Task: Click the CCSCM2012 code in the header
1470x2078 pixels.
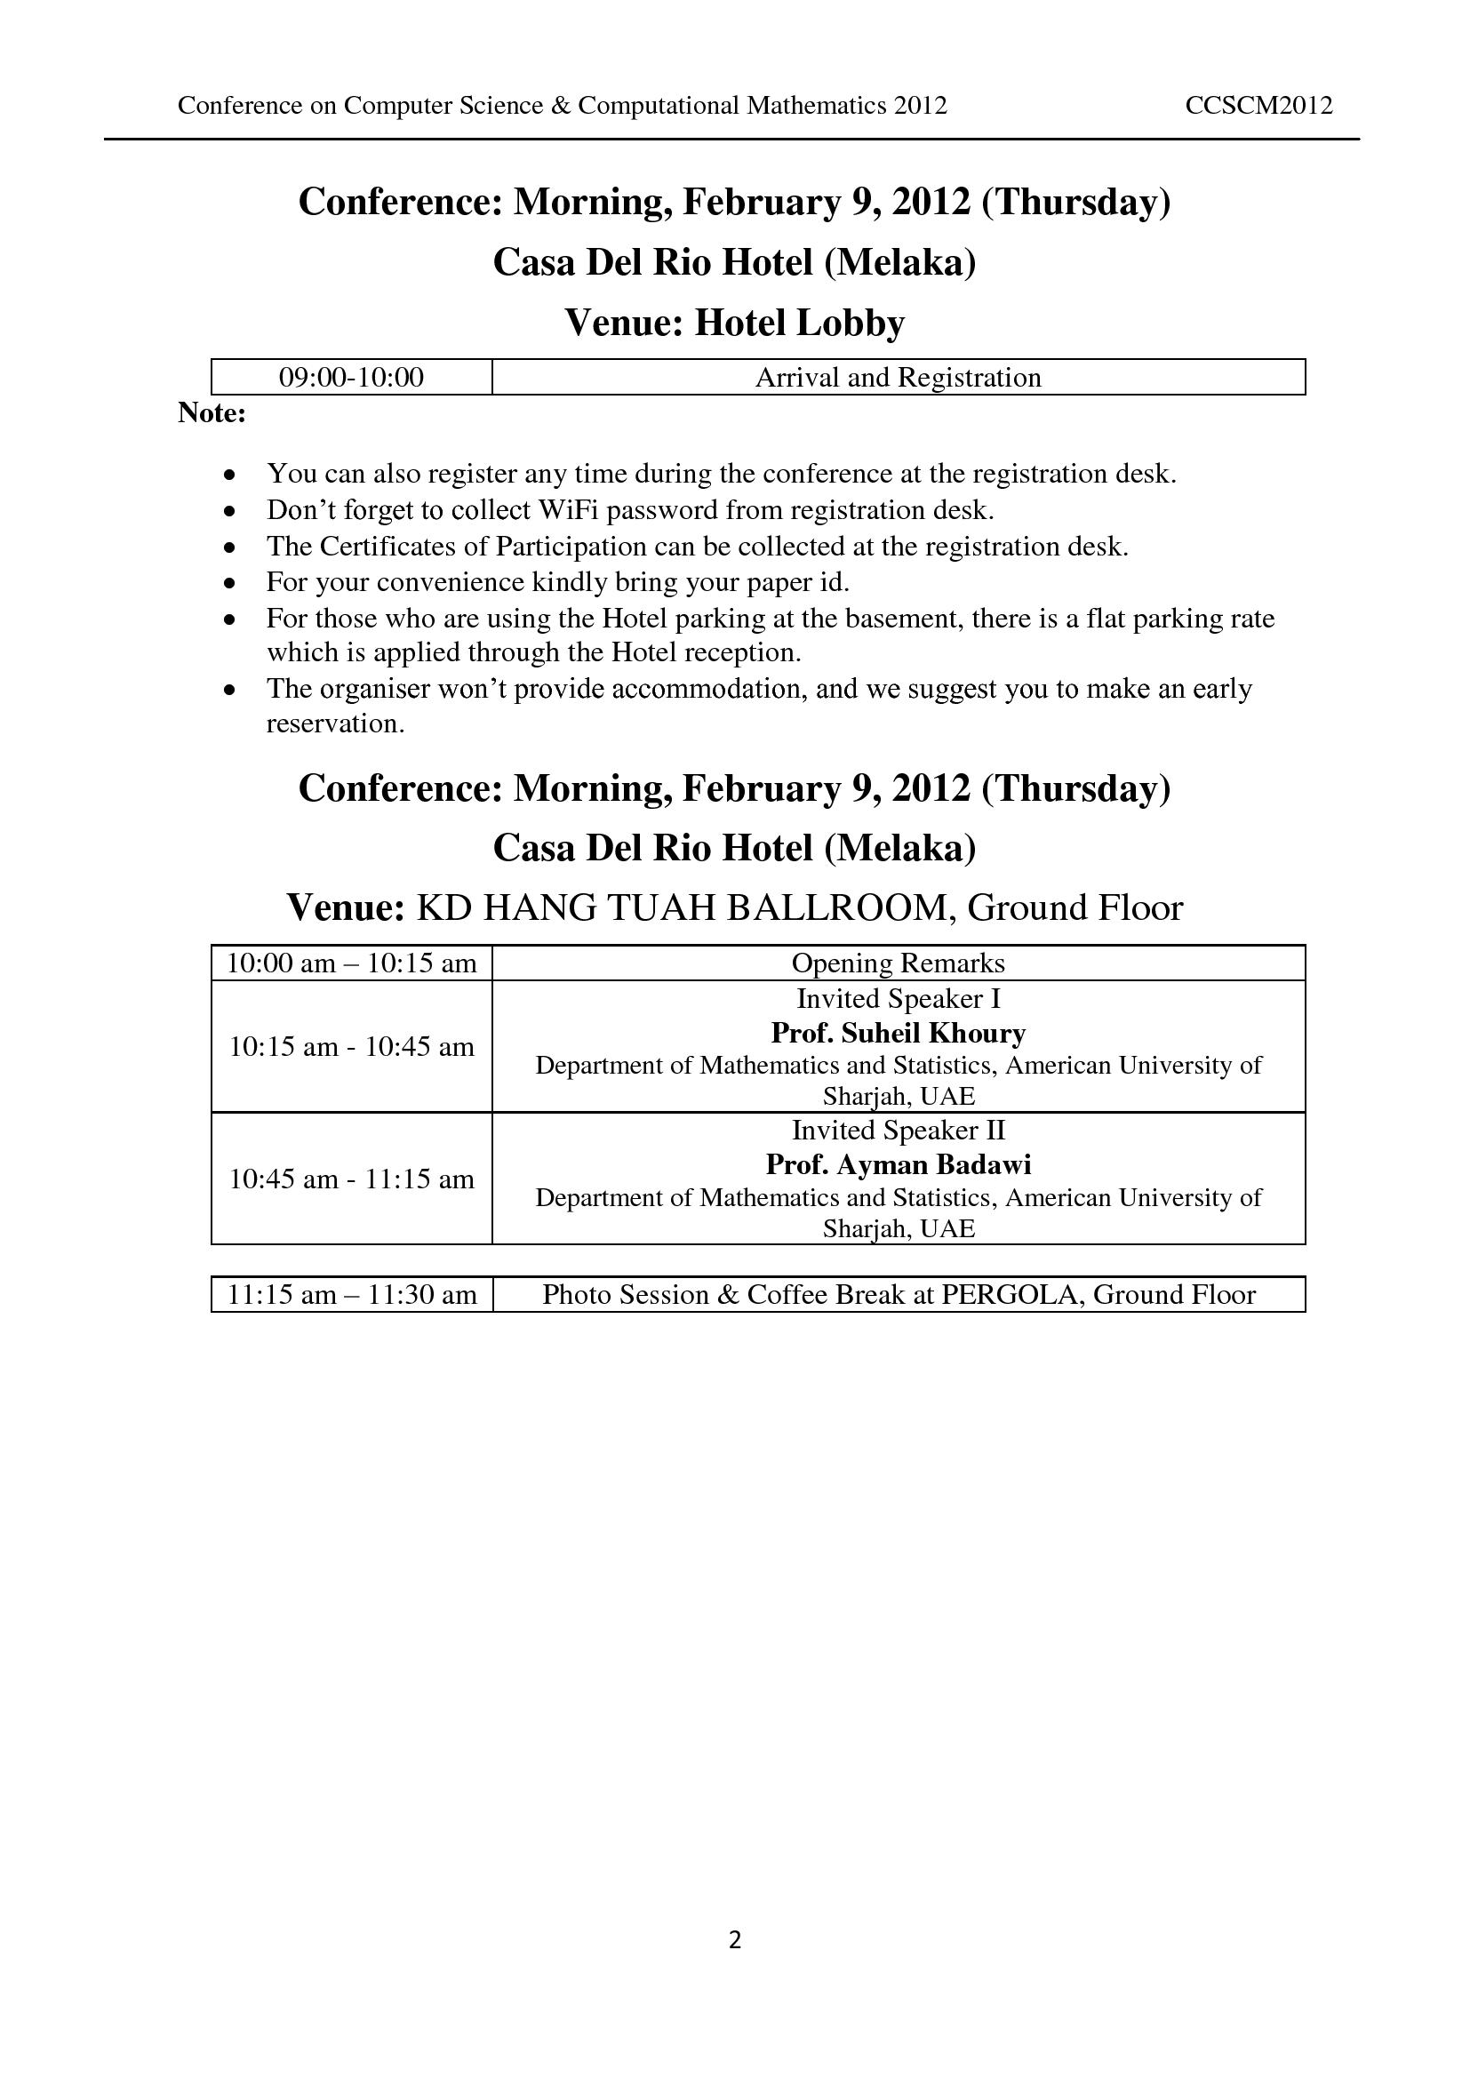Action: (x=1258, y=106)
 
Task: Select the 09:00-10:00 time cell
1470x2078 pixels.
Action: (x=351, y=378)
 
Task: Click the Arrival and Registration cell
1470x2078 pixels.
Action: (x=898, y=378)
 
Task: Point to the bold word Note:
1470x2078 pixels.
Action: (x=212, y=413)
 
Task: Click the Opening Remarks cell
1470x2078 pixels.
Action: (x=898, y=963)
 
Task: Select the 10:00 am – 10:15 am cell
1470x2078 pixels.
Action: (x=351, y=963)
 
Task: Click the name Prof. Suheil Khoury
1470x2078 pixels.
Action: (x=898, y=1033)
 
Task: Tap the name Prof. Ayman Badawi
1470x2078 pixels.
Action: (x=898, y=1164)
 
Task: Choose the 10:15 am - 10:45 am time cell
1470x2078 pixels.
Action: (x=351, y=1047)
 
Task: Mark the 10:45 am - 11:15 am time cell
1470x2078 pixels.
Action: (x=351, y=1179)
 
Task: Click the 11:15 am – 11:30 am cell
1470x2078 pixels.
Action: (x=351, y=1295)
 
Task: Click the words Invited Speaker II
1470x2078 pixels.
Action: (x=898, y=1131)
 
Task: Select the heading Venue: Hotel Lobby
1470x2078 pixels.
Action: (x=734, y=324)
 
